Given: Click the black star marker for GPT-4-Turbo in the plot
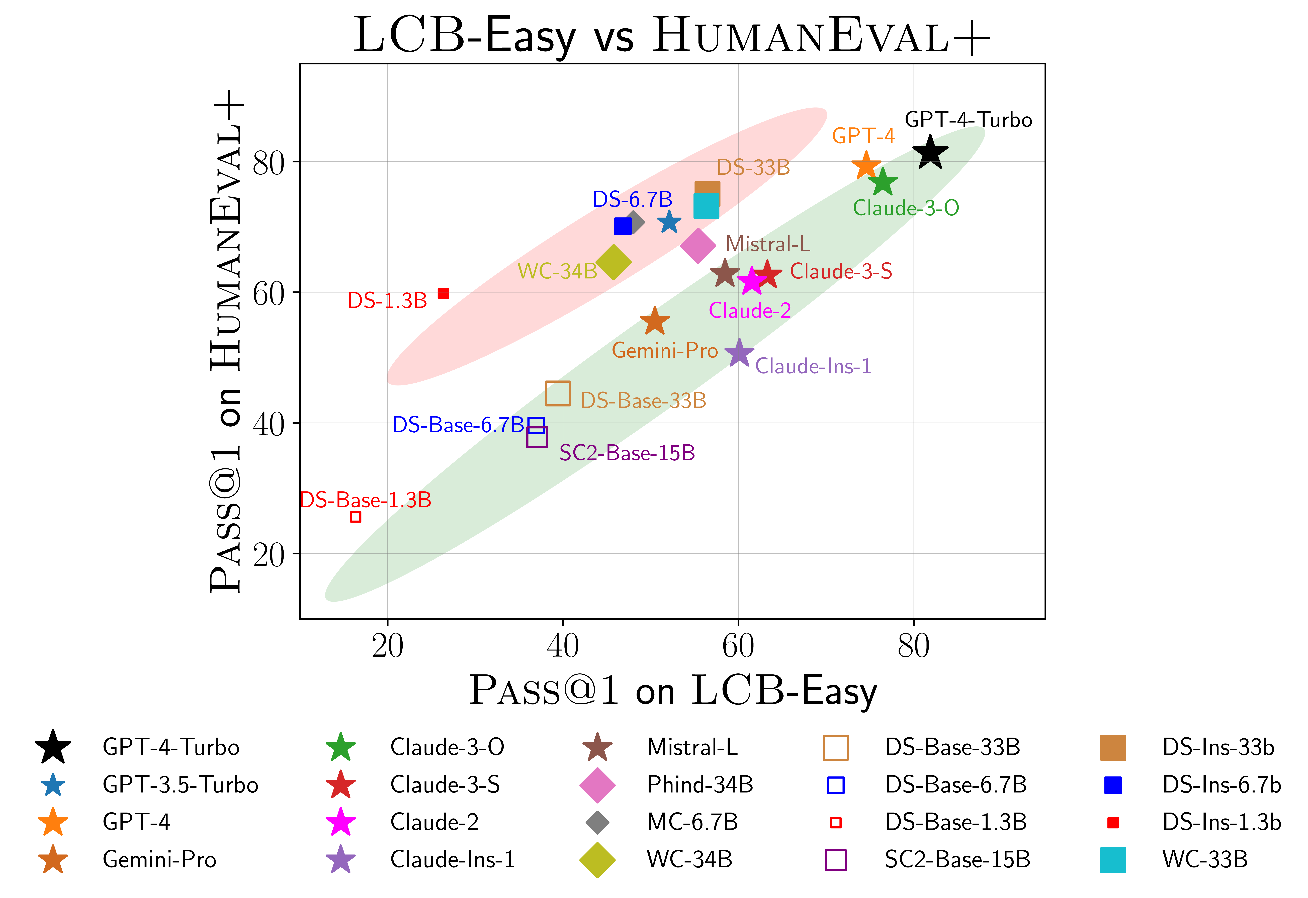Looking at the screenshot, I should [930, 152].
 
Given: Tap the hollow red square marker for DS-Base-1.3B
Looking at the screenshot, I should [356, 517].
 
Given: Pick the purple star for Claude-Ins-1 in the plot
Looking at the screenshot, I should [739, 353].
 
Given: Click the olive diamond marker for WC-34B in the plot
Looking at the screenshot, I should [614, 262].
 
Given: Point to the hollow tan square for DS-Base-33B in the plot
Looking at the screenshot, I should [558, 393].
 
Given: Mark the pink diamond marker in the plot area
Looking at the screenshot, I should [698, 245].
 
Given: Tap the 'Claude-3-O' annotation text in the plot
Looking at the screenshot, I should [906, 208].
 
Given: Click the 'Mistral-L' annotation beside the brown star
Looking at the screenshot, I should [768, 244].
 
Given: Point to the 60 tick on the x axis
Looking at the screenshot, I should [738, 646].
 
